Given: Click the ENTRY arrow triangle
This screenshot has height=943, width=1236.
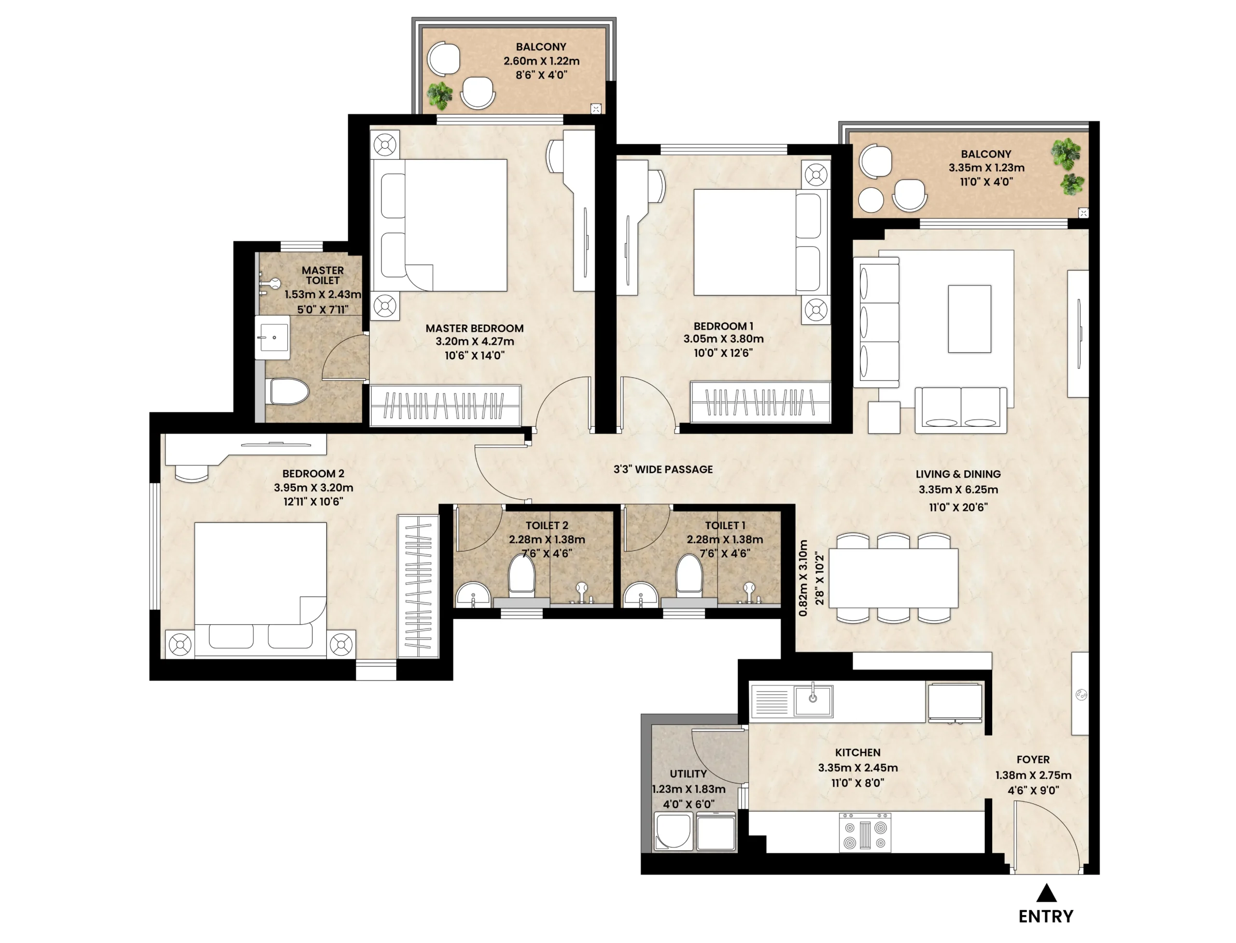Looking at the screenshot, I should [1046, 894].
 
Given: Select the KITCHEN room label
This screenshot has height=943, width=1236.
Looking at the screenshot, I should [857, 753].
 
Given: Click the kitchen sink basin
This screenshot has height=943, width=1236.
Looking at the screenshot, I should [813, 701].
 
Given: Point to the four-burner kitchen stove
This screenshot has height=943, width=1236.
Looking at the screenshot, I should [864, 832].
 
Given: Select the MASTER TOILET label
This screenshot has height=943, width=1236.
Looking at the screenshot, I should [323, 275].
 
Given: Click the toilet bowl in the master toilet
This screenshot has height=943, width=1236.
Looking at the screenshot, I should [289, 391].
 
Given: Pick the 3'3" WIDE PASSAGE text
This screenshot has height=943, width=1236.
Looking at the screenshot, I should [663, 469].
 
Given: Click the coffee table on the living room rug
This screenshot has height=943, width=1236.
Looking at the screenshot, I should [969, 319].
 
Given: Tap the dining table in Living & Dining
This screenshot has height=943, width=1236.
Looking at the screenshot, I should [893, 578].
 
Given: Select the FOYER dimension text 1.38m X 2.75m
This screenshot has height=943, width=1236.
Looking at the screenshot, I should [1033, 775].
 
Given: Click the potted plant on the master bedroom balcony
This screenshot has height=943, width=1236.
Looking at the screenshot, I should [439, 96].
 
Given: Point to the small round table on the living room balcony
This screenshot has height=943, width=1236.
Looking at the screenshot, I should [871, 200].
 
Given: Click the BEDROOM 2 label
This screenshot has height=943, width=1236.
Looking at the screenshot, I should [313, 474].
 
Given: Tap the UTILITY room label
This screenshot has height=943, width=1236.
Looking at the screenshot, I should [688, 774].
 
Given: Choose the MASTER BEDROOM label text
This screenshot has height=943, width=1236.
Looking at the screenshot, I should [474, 328].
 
